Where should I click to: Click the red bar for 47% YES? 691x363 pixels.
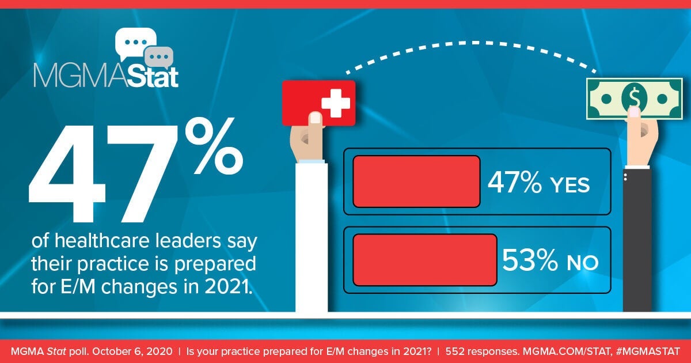[416, 181]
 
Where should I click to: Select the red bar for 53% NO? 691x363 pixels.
[424, 260]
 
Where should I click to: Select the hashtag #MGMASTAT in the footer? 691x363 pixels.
[652, 351]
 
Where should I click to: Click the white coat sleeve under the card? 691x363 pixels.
[311, 236]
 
